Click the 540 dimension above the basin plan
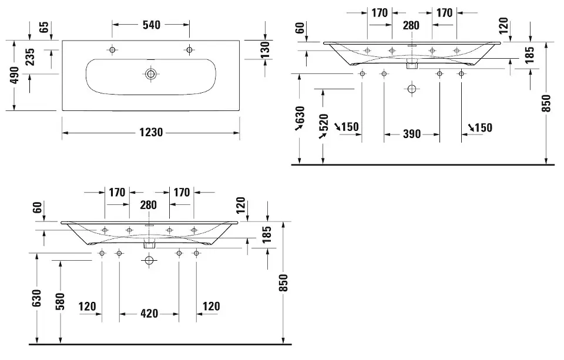pyautogui.click(x=151, y=25)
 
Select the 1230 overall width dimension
pyautogui.click(x=151, y=133)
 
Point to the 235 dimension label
pyautogui.click(x=31, y=57)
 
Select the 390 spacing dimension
pyautogui.click(x=412, y=134)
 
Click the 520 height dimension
pyautogui.click(x=323, y=124)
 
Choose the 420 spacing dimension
pyautogui.click(x=149, y=314)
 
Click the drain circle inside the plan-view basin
pyautogui.click(x=151, y=74)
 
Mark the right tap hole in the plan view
pyautogui.click(x=189, y=49)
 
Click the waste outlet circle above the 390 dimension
pyautogui.click(x=411, y=89)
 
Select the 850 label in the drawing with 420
pyautogui.click(x=284, y=282)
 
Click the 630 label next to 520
pyautogui.click(x=300, y=117)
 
